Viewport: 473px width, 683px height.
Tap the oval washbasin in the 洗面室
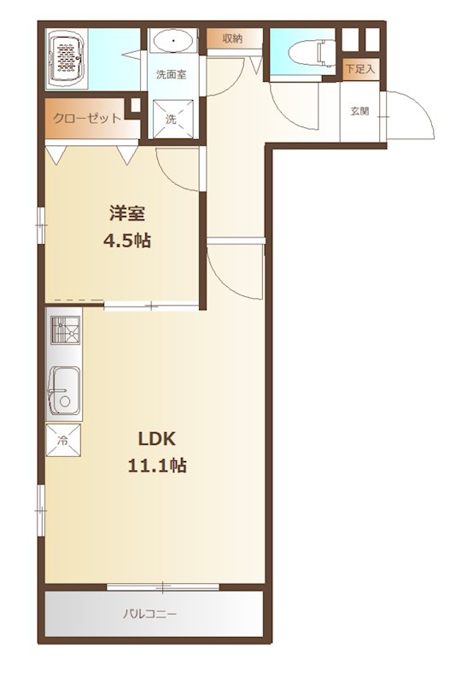pos(175,40)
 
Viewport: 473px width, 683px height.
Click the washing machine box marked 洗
pos(172,119)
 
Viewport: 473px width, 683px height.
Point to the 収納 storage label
pos(232,38)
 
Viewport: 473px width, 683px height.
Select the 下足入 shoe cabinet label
pos(359,68)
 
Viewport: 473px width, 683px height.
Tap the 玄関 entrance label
pos(359,111)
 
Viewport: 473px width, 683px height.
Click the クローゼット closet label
pos(87,119)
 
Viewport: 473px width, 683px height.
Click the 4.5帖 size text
pos(126,241)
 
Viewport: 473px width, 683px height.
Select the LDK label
pos(157,439)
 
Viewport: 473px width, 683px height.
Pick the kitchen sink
pos(63,388)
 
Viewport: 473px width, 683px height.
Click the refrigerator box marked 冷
pos(64,441)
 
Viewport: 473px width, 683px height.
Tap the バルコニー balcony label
pos(150,612)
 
